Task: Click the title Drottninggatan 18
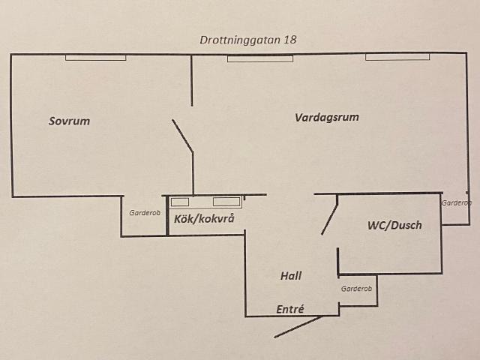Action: tap(248, 40)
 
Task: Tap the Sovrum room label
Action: tap(69, 121)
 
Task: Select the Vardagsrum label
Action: tap(327, 118)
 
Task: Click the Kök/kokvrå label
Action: tap(204, 219)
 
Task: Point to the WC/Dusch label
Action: tap(394, 225)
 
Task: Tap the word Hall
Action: tap(291, 276)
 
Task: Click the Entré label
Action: tap(290, 309)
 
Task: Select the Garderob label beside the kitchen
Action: tap(145, 213)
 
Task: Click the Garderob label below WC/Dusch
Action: tap(356, 289)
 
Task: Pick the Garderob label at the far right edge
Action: tap(456, 202)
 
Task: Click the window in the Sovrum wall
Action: tap(96, 58)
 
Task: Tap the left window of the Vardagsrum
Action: tap(260, 58)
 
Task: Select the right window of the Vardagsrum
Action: tap(397, 57)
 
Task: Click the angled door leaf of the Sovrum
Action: tap(182, 135)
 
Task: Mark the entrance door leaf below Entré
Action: tap(298, 327)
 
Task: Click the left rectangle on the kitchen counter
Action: tap(180, 202)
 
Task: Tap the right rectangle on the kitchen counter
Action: tap(226, 202)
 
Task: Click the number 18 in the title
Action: tap(290, 40)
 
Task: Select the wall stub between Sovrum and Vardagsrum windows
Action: tap(192, 80)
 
